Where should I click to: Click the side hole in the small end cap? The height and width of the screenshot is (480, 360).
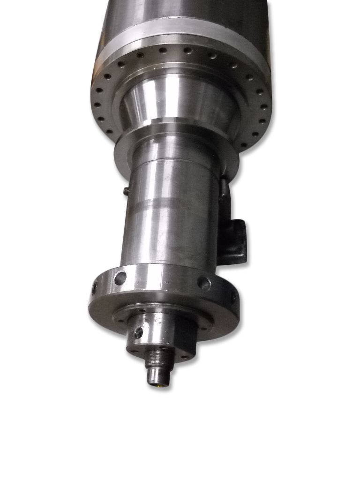pos(139,333)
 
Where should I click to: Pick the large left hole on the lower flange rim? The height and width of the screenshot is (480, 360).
pos(120,278)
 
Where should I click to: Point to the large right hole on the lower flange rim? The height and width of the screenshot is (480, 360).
pos(204,283)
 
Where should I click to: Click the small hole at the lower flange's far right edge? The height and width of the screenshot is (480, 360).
pos(232,297)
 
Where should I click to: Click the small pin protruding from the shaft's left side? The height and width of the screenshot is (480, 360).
pos(126,190)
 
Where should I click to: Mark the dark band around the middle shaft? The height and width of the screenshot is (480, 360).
pos(171,204)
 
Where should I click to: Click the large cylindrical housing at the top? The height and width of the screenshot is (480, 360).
pos(183,12)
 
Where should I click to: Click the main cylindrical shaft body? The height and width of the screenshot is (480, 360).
pos(171,230)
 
